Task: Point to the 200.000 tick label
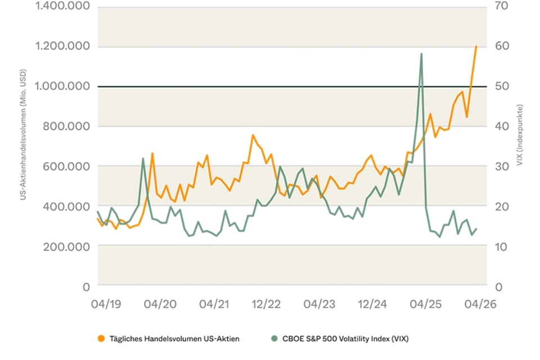pos(65,246)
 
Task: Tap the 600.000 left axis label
pos(65,166)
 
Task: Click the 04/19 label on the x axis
pos(107,304)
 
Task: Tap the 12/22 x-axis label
pos(265,304)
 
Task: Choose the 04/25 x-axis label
pos(425,304)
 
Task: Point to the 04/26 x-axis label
pos(478,304)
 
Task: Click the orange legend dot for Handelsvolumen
pos(101,339)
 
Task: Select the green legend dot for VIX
pos(274,339)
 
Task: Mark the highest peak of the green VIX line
pos(421,54)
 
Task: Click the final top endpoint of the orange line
pos(476,46)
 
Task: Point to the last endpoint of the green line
pos(476,228)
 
